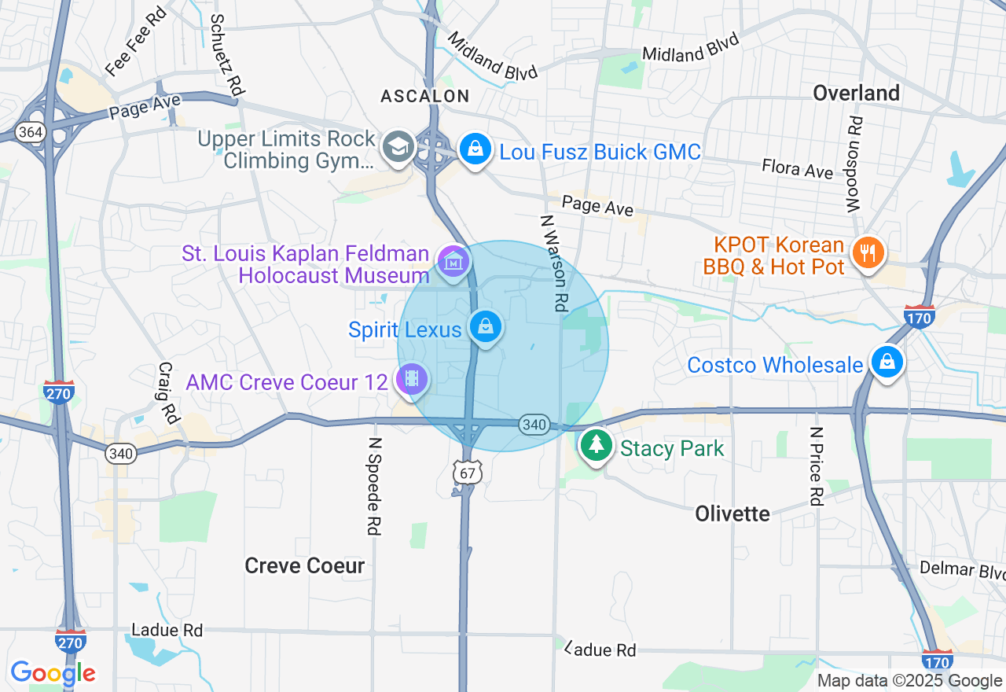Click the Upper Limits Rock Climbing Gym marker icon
398,147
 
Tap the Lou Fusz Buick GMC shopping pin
475,149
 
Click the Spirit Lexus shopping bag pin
486,326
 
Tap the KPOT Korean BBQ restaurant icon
868,253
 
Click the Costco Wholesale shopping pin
887,363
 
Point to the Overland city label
856,93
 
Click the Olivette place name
732,513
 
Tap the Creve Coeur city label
305,565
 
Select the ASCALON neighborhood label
424,96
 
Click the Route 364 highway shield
30,131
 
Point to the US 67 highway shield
468,472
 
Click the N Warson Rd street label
553,263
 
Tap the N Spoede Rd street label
374,486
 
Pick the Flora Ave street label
797,168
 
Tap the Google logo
53,673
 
